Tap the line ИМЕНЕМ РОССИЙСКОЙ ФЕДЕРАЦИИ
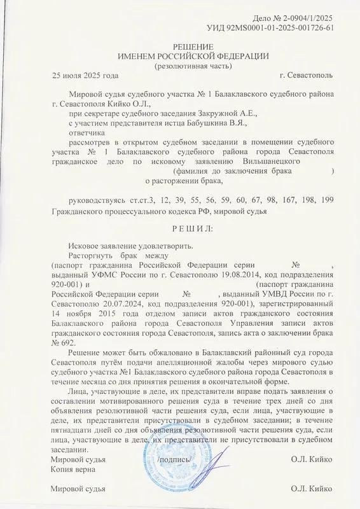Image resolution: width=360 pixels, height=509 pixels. (193, 57)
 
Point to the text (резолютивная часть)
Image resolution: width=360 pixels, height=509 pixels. (193, 66)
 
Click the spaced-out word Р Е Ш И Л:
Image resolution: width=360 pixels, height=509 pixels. (193, 227)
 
